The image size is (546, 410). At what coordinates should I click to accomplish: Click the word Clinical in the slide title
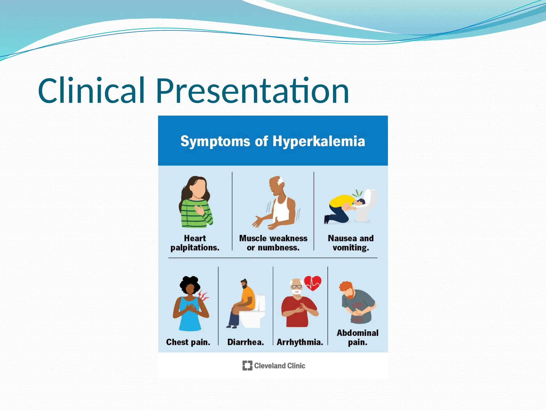click(91, 91)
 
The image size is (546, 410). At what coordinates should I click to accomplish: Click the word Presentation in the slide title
click(252, 91)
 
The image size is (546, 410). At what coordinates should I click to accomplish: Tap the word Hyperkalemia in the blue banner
click(319, 141)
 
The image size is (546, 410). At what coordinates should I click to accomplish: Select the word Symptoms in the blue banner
click(215, 141)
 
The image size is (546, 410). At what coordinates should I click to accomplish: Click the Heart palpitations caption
click(195, 243)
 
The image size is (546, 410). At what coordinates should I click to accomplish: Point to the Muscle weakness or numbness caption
click(273, 243)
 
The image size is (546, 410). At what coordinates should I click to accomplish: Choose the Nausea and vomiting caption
click(351, 243)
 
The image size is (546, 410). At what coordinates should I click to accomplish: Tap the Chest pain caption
click(188, 342)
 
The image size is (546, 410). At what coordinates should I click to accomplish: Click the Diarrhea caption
click(246, 342)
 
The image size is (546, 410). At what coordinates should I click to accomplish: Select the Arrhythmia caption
click(300, 342)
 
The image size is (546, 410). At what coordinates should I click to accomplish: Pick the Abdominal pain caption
click(358, 337)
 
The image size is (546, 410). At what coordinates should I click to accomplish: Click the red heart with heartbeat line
click(313, 283)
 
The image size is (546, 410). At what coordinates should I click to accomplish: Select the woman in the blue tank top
click(190, 304)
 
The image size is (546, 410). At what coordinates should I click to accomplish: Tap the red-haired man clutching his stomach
click(357, 303)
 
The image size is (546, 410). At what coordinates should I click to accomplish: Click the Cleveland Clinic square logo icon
click(247, 365)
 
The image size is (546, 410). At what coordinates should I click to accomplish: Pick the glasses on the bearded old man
click(296, 287)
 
